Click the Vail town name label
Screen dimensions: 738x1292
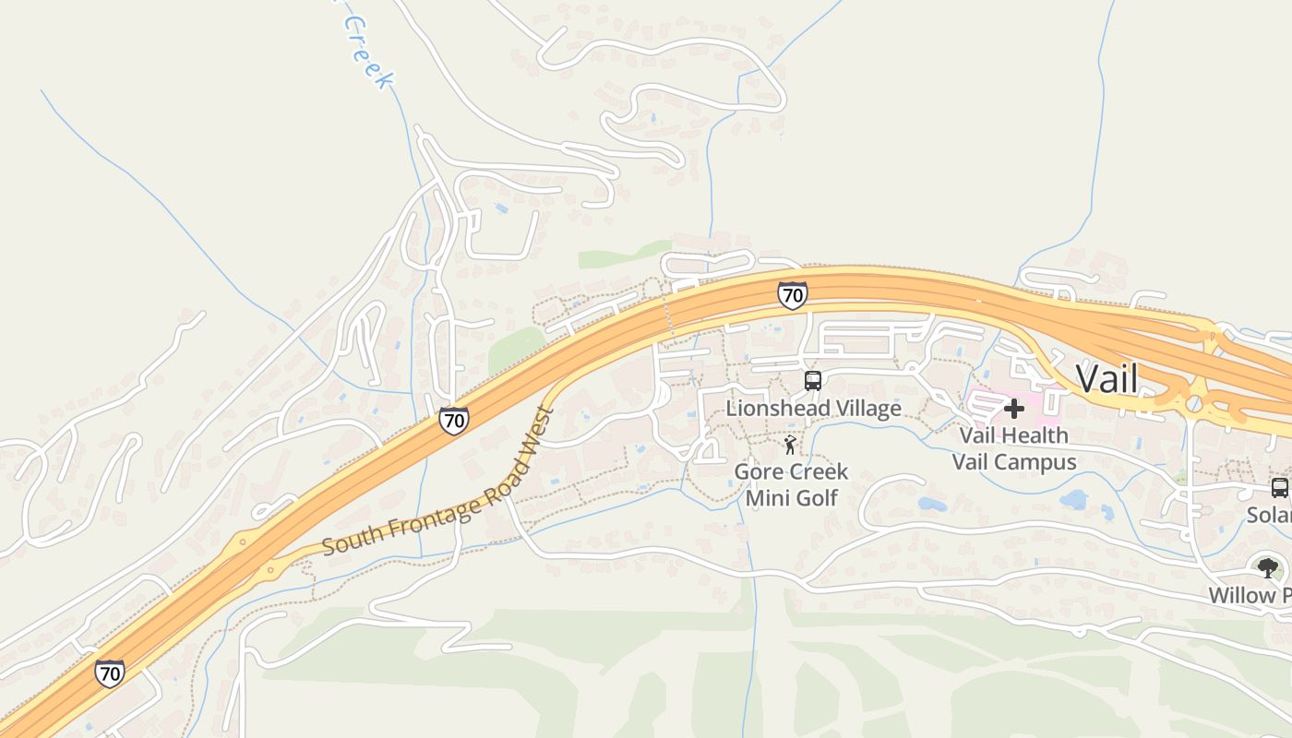tap(1107, 378)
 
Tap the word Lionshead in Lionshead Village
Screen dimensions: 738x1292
tap(770, 408)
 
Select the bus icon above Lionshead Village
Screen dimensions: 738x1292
tap(812, 380)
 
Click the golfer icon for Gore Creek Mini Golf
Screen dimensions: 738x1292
tap(790, 446)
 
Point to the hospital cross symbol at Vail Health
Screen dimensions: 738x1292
tap(1014, 408)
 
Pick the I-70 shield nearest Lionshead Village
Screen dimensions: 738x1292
tap(792, 295)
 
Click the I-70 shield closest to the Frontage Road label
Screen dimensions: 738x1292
tap(453, 421)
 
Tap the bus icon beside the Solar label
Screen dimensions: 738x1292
tap(1279, 488)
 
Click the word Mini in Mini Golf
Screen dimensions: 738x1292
tap(765, 498)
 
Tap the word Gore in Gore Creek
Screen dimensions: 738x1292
tap(756, 472)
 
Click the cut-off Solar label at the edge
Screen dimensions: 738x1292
tap(1268, 515)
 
